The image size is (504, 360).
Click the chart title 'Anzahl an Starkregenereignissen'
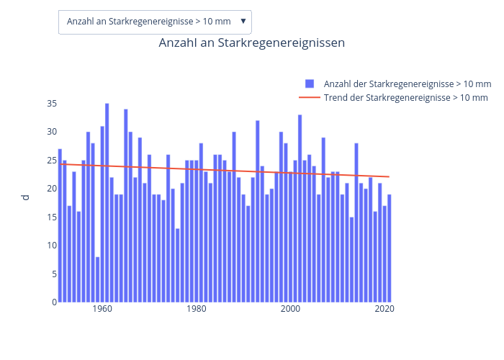(251, 43)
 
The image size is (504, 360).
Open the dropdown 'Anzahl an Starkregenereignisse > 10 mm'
(155, 22)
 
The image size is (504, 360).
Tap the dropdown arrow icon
(243, 22)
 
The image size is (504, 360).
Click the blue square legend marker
(310, 84)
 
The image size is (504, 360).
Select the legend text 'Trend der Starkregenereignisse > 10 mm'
(405, 97)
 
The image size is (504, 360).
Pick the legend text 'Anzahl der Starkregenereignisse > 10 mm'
(408, 84)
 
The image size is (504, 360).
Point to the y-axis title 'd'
(26, 197)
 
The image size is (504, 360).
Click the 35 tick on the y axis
(51, 104)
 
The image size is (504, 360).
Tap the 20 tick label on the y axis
(51, 189)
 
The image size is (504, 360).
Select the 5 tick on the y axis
(53, 274)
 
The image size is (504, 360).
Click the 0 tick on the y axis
(53, 302)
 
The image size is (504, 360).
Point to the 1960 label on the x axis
(102, 310)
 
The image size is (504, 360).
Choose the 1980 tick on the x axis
(197, 310)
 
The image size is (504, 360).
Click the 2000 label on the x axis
(290, 310)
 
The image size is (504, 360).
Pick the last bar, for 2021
(389, 248)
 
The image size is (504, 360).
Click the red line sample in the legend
(310, 97)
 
